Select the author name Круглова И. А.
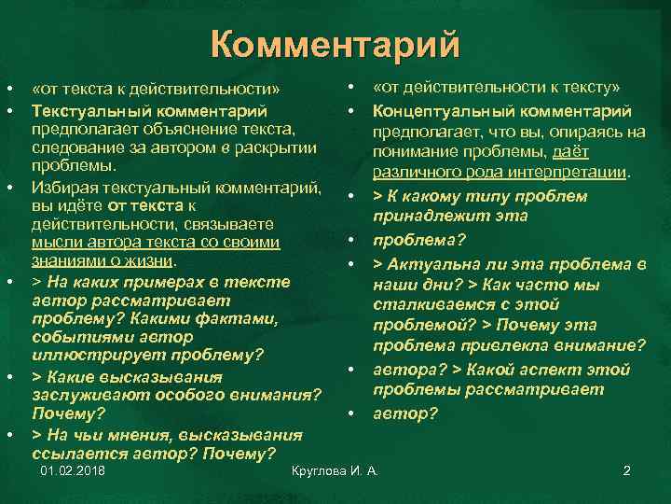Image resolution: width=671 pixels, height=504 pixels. pyautogui.click(x=335, y=470)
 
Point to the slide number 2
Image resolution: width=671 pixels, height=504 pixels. pyautogui.click(x=627, y=470)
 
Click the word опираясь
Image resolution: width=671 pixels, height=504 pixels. pyautogui.click(x=569, y=132)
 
